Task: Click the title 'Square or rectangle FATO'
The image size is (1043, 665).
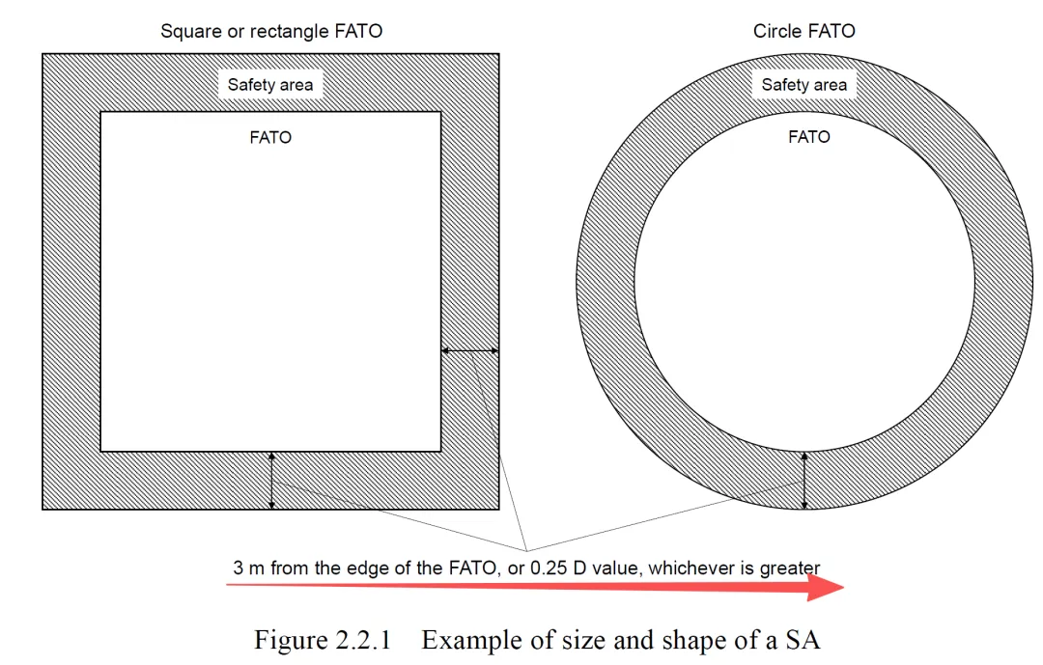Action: pyautogui.click(x=271, y=31)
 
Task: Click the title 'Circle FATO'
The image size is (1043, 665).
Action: pyautogui.click(x=803, y=31)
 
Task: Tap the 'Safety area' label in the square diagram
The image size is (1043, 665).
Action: pyautogui.click(x=270, y=85)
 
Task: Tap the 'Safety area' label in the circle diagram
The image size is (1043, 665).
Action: pyautogui.click(x=803, y=85)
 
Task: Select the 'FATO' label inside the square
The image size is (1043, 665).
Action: pyautogui.click(x=270, y=137)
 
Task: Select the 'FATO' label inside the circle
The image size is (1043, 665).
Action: pyautogui.click(x=808, y=137)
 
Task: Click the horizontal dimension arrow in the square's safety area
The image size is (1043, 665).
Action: pyautogui.click(x=470, y=351)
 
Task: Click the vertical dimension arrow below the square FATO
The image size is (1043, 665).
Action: pyautogui.click(x=272, y=481)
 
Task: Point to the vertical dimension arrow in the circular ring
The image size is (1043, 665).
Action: pyautogui.click(x=804, y=482)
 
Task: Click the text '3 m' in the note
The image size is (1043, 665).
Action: pyautogui.click(x=249, y=568)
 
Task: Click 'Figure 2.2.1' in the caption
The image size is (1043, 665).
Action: pyautogui.click(x=321, y=640)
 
